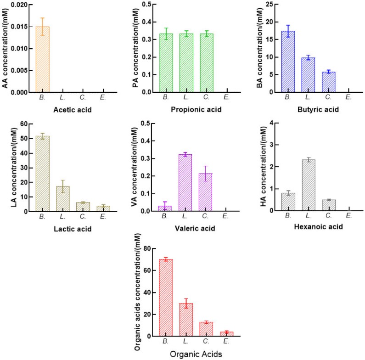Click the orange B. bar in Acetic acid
point(43,59)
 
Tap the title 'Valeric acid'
point(196,228)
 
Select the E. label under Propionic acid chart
point(227,98)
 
